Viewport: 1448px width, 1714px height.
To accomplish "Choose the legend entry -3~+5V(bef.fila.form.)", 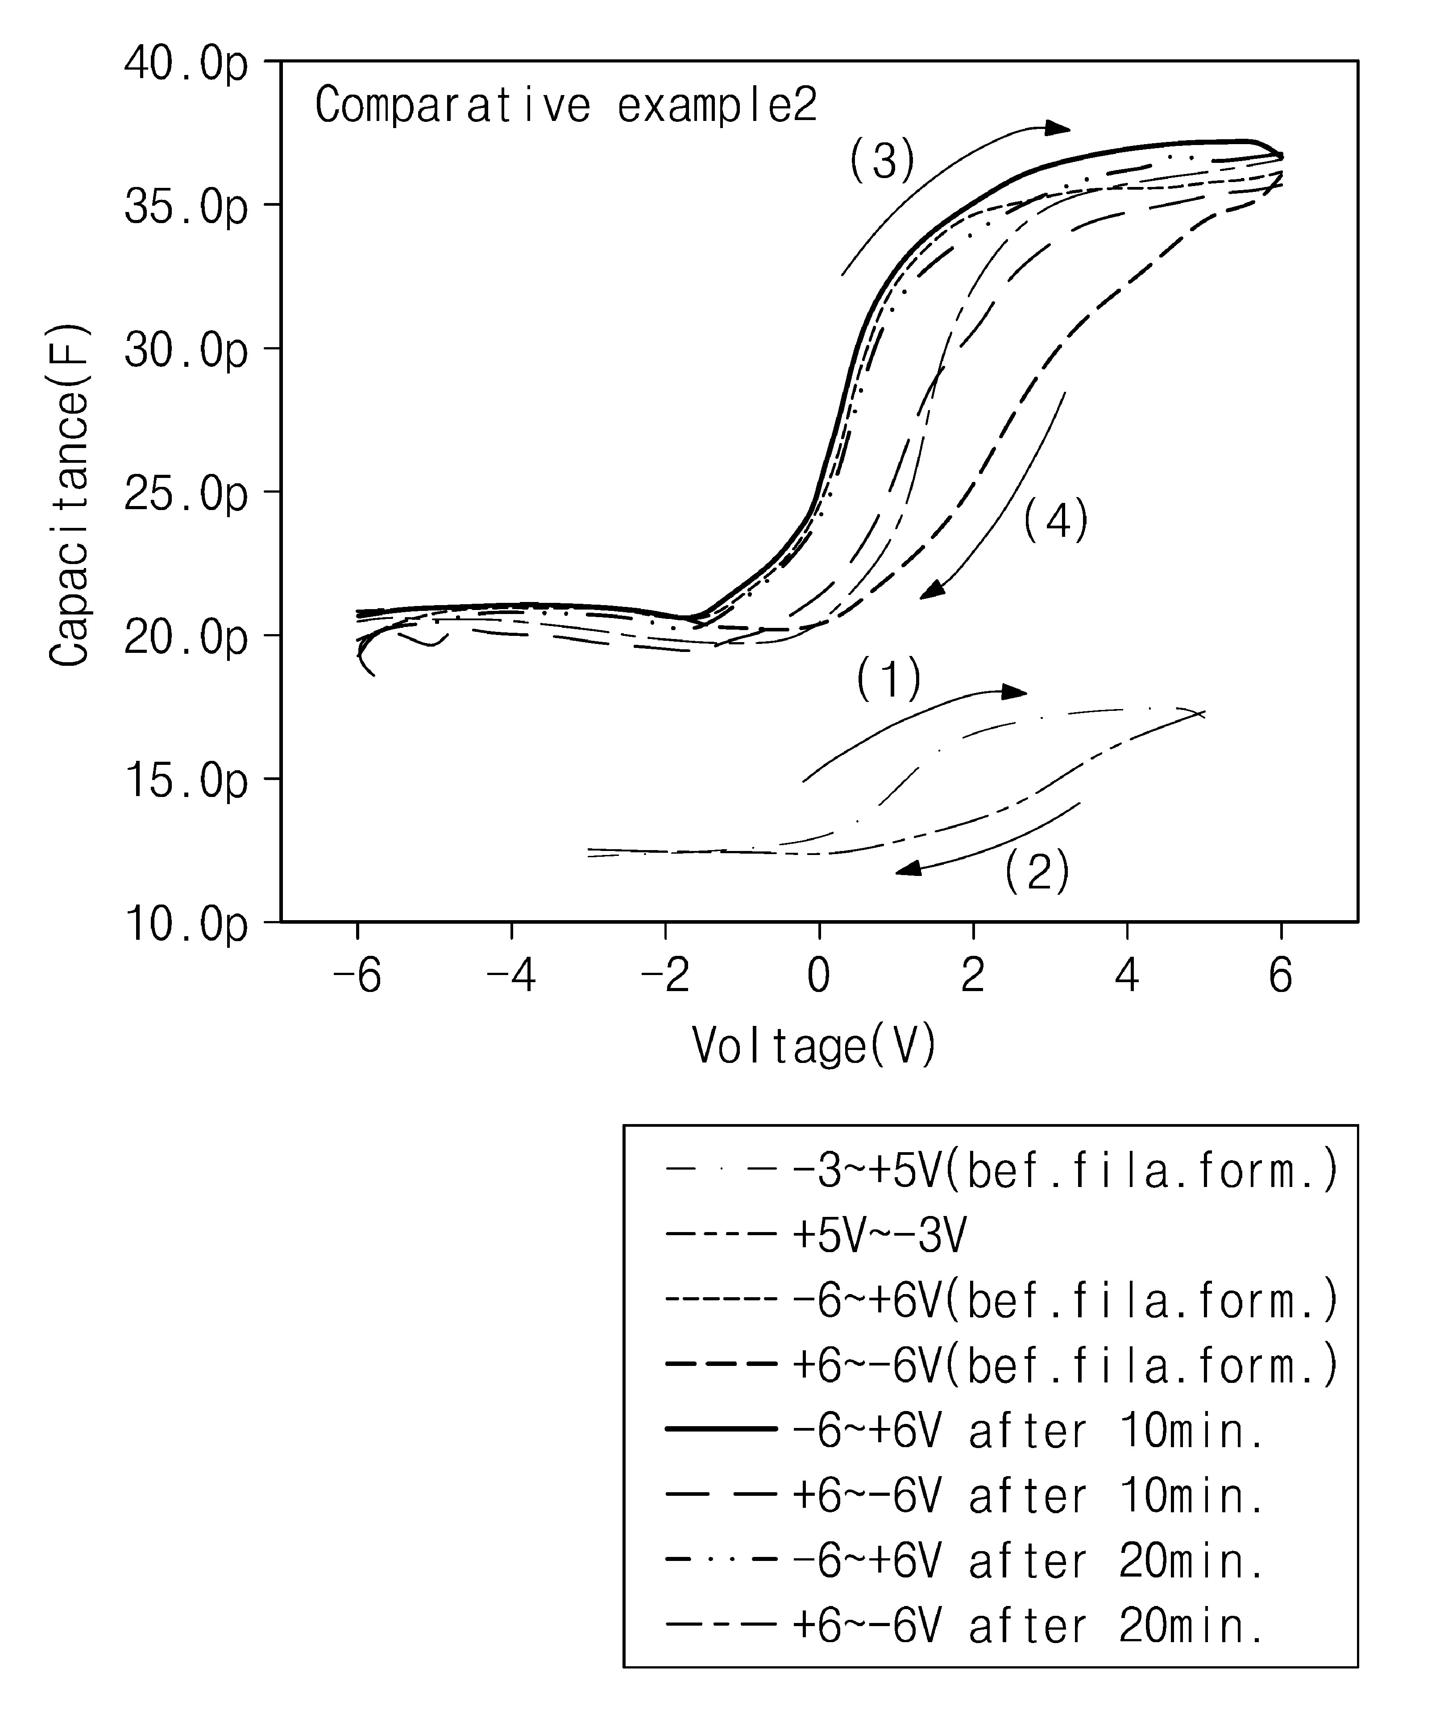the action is tap(1001, 1170).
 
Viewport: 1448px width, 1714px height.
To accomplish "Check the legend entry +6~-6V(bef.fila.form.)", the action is tap(1001, 1366).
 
